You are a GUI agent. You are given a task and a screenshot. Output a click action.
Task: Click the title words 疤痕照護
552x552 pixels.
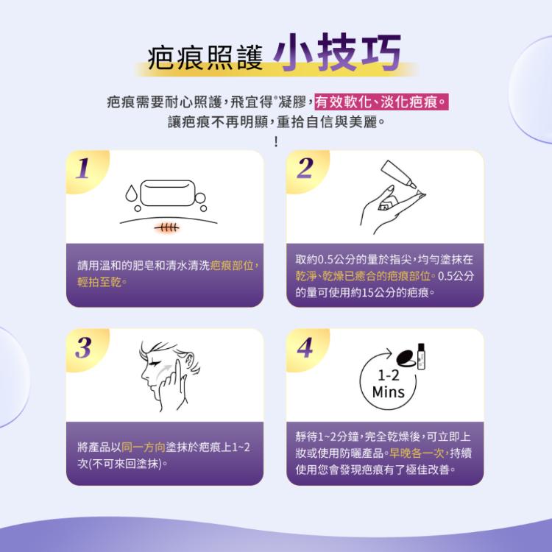click(x=205, y=59)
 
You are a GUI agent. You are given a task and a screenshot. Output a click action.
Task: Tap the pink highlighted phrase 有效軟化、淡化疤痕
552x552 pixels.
click(x=381, y=101)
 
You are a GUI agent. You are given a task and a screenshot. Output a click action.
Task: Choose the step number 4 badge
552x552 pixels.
click(x=304, y=348)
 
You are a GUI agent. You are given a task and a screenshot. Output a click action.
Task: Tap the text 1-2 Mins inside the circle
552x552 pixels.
click(x=388, y=385)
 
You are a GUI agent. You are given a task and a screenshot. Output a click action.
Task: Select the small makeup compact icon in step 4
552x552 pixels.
click(x=403, y=358)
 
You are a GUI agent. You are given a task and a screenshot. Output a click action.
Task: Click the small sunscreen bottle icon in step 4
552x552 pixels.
click(x=422, y=355)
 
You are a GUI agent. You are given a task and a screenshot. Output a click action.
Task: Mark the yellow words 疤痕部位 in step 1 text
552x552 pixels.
click(x=233, y=266)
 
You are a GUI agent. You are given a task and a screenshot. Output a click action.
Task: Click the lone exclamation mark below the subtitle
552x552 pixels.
click(x=276, y=140)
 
